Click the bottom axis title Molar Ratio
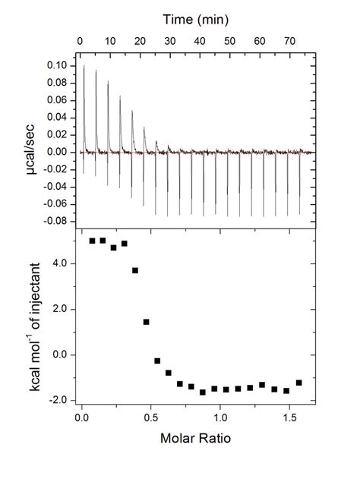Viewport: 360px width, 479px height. (x=196, y=438)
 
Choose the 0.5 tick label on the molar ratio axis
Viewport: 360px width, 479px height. (x=151, y=417)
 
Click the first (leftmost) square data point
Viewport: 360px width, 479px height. (x=93, y=241)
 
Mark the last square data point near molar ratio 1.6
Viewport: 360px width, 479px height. (x=298, y=383)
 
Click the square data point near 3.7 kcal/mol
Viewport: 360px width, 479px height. (x=135, y=270)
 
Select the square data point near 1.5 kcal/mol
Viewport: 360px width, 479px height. (x=146, y=322)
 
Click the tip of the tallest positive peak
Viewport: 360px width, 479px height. (x=84, y=67)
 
